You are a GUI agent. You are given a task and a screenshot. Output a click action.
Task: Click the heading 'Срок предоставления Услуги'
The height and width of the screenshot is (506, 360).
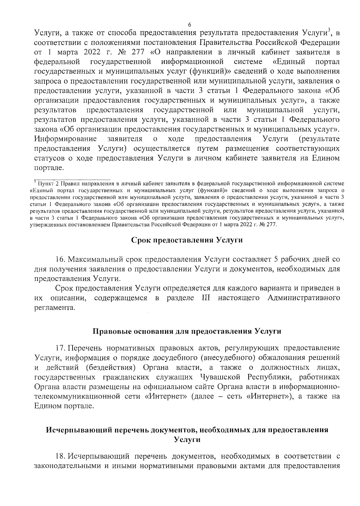[187, 241]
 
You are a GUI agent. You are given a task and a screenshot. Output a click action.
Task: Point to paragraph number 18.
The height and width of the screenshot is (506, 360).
[61, 456]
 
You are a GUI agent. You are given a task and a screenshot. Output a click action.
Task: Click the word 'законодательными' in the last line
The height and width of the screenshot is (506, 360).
[67, 466]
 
